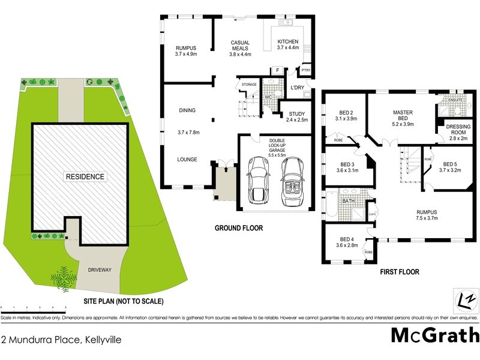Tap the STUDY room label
point(296,113)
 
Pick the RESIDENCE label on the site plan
point(86,176)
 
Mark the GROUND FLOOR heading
point(239,228)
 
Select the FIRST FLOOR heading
point(400,272)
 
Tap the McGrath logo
point(435,335)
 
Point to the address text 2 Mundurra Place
point(61,340)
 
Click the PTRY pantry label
point(305,71)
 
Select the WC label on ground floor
point(268,97)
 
